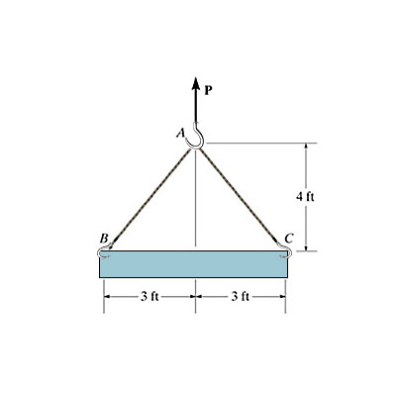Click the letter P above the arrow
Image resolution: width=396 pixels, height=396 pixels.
point(209,88)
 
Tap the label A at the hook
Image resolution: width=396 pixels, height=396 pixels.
point(181,133)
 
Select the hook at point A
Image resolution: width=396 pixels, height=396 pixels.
point(197,139)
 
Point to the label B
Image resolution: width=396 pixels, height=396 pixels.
point(103,238)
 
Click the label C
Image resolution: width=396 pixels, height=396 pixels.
point(288,238)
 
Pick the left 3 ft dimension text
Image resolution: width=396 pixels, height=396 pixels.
point(149,296)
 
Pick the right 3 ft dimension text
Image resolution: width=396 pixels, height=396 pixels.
point(241,296)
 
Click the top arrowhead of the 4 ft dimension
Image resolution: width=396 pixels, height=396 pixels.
point(305,147)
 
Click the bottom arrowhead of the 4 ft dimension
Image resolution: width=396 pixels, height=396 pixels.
point(305,247)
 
